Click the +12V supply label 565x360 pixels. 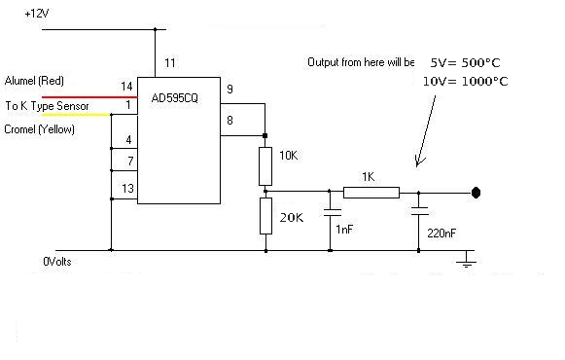(37, 14)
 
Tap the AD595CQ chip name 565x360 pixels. (175, 98)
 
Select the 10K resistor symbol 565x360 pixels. (265, 166)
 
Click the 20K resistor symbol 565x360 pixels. (265, 216)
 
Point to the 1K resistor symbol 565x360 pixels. (371, 193)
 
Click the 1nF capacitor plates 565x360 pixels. (333, 212)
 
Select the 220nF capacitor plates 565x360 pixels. (419, 211)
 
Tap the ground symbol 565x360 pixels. (466, 260)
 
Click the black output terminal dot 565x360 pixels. (476, 193)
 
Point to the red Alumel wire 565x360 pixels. (89, 97)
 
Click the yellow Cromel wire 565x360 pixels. (76, 115)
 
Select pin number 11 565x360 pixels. (170, 63)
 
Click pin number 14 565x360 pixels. (126, 87)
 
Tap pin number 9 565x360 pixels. (230, 89)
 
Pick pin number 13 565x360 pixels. (128, 188)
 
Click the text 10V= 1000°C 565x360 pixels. (465, 81)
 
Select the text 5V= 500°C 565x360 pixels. (465, 62)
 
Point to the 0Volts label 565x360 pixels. (57, 262)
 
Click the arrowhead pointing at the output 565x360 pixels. (419, 162)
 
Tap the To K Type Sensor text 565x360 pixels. (47, 106)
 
